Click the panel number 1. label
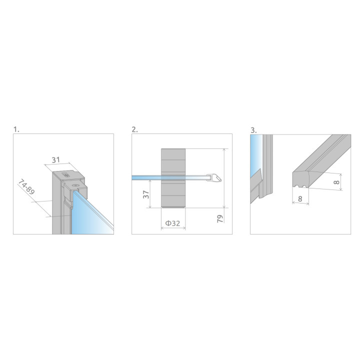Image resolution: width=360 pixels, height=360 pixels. [16, 129]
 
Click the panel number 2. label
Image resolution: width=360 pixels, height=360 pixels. [134, 129]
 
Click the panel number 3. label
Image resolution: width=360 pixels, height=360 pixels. [253, 130]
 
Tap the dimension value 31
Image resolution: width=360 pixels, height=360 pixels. [56, 160]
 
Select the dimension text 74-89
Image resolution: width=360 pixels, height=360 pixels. [26, 187]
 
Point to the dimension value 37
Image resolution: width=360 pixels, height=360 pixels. [146, 194]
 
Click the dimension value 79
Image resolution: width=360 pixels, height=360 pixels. [220, 218]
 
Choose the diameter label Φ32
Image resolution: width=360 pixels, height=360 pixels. [172, 223]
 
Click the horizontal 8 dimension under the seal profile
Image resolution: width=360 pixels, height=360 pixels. [300, 199]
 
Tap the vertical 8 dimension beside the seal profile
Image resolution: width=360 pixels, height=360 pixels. [336, 182]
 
